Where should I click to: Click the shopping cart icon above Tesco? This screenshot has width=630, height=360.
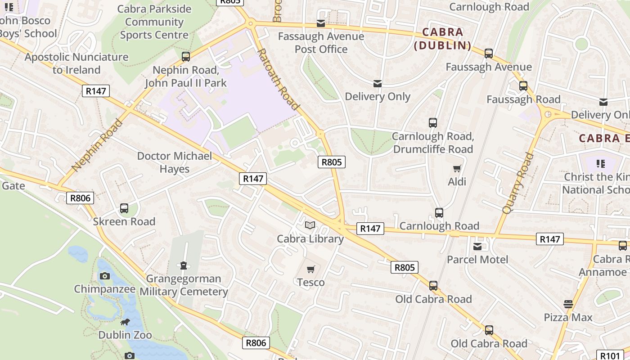pos(310,269)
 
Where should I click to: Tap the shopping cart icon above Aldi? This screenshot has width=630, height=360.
pos(457,169)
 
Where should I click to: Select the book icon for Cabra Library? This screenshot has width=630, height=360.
pos(310,225)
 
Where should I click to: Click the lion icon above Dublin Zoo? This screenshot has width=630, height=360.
pos(125,322)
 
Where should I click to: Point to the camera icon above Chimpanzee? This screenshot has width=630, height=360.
pos(105,276)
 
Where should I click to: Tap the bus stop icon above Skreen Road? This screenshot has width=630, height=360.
pos(124,208)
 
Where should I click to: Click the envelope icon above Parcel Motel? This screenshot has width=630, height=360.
pos(477,247)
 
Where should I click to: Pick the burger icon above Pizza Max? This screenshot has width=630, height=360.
pos(568,304)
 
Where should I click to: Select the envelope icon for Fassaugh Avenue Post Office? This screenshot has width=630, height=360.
pos(321,23)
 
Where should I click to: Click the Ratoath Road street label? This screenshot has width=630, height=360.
pos(278,79)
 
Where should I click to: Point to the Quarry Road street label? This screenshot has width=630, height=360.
pos(517,183)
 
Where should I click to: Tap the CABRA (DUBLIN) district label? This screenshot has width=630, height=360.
pos(442,39)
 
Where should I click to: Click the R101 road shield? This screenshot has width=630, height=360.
pos(610,355)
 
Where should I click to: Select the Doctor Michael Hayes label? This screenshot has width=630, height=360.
pos(174,162)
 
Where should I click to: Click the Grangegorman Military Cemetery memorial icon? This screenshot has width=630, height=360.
pos(183,265)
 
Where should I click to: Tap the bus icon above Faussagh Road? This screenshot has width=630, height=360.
pos(523,86)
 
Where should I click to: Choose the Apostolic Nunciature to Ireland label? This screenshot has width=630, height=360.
pos(76,63)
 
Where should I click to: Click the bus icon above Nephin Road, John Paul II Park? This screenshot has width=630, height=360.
pos(186,57)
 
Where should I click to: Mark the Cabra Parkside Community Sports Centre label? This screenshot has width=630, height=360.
pos(154,22)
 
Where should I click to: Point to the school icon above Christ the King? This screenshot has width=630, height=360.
pos(600,163)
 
